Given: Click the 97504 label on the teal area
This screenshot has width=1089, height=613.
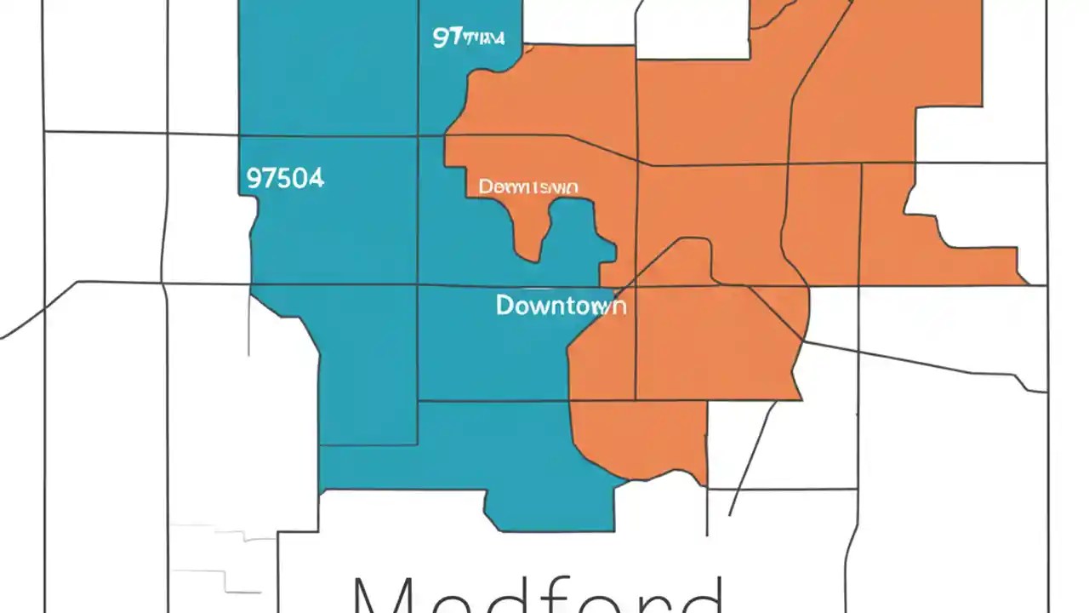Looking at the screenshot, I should point(285,178).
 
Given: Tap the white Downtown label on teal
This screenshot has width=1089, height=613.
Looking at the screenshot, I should point(561,305).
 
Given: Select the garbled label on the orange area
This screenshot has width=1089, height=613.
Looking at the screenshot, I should point(528,186).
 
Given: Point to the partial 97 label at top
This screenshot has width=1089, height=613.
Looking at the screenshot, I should point(468,37).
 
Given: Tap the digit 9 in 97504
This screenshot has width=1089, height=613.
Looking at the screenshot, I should point(254,178).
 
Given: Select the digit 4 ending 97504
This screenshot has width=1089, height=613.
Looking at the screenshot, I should point(316,178).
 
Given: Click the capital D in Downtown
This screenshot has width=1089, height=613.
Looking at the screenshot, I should point(505,305).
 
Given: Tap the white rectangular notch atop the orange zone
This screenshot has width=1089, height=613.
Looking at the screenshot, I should point(692,30).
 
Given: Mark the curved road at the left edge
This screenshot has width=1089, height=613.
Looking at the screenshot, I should point(34,315).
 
